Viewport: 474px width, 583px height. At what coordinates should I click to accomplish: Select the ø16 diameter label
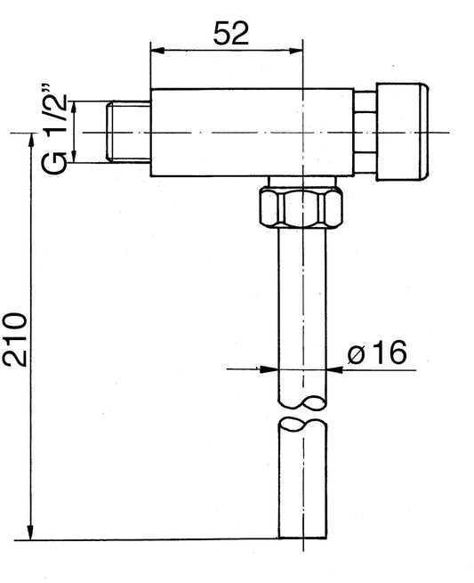point(376,353)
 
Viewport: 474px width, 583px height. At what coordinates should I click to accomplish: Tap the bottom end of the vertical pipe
point(301,537)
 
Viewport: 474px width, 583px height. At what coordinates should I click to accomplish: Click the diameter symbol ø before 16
point(355,354)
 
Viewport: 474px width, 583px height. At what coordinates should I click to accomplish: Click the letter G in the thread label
point(55,163)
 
